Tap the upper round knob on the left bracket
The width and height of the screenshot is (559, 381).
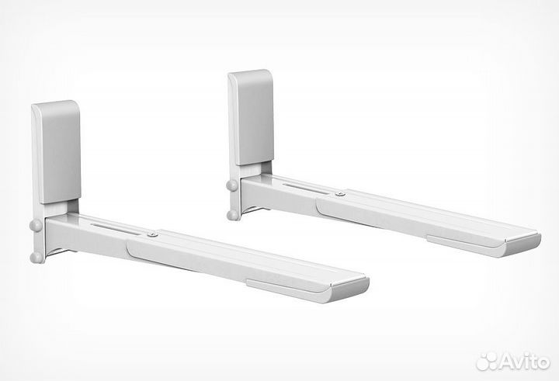click(36, 225)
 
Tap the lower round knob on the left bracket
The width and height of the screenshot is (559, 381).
click(36, 258)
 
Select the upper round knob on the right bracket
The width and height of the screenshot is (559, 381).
click(231, 185)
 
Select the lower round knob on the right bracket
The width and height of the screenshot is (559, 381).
click(232, 215)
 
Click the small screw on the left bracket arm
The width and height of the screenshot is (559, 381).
click(153, 234)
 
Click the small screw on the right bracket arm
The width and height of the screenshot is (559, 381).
click(341, 194)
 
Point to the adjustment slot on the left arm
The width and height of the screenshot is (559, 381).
click(116, 229)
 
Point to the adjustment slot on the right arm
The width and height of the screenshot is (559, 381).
click(306, 189)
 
